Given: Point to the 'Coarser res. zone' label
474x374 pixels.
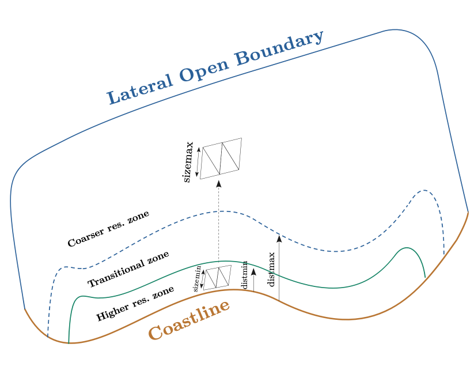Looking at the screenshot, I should (108, 229).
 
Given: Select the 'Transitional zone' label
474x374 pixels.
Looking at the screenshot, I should (128, 269).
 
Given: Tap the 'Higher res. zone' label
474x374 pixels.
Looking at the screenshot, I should (135, 304).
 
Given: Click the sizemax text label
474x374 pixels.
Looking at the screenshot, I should (188, 163).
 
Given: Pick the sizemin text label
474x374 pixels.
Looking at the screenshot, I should (196, 279).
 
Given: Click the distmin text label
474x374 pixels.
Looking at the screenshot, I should (245, 275).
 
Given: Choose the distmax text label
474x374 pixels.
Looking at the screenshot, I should (271, 269).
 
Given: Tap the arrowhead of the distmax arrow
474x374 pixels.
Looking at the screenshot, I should (279, 239).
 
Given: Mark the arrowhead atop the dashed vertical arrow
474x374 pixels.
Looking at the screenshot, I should (218, 184).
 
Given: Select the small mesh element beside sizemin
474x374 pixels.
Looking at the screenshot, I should (218, 277).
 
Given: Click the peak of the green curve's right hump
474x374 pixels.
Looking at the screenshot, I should (406, 248).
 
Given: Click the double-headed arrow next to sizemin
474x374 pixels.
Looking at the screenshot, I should (203, 279).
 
